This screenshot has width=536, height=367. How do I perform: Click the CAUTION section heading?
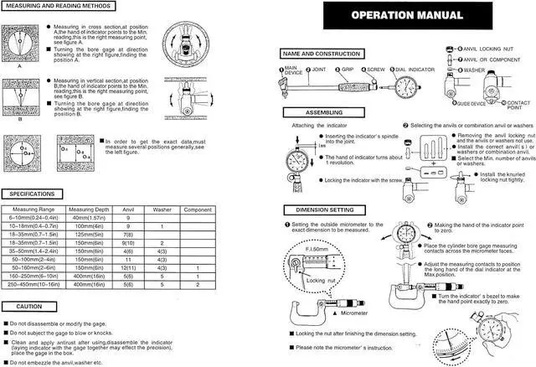point(23,307)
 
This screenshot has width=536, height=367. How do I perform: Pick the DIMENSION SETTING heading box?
point(319,209)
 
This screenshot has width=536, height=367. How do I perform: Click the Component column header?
point(197,208)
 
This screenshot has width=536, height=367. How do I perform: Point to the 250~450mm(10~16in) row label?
point(33,284)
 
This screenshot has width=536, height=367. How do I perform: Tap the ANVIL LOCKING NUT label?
point(493,50)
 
